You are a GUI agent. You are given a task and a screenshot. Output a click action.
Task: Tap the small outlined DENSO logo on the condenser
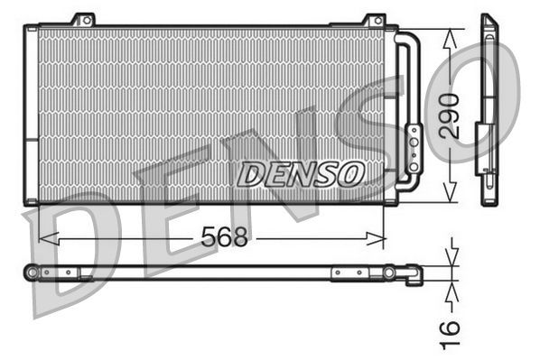click(301, 171)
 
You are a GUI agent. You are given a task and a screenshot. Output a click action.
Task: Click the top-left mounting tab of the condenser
click(84, 19)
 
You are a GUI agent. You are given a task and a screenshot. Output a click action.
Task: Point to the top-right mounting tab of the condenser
click(374, 20)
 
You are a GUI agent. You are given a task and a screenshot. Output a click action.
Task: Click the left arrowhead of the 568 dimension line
click(45, 238)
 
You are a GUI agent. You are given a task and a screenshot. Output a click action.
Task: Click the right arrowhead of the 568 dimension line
click(380, 238)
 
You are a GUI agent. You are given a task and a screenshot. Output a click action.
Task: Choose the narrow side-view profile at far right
click(489, 108)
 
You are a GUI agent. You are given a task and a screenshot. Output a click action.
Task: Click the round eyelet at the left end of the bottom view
click(32, 272)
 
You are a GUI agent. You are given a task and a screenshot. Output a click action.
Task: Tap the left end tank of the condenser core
click(33, 113)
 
